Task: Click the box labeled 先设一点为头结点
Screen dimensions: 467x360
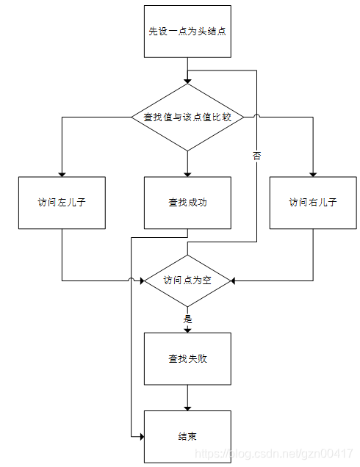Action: (187, 32)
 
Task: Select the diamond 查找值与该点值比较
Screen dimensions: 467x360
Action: (187, 117)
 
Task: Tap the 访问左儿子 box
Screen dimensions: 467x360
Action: (62, 202)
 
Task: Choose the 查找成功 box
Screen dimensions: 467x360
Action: (187, 202)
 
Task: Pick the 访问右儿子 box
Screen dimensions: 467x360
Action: (313, 202)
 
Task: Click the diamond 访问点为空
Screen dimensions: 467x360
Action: (187, 280)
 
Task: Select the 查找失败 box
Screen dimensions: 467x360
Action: (187, 359)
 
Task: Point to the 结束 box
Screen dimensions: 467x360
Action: (187, 436)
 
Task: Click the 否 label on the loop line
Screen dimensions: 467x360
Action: (256, 156)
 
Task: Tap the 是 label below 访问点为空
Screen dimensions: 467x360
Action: (187, 319)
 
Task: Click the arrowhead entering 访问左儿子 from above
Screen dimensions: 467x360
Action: (62, 173)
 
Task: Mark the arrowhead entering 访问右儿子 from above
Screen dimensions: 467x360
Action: (313, 173)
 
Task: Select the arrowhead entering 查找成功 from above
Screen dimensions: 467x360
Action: (187, 173)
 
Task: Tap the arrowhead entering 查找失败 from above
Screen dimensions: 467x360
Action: (187, 330)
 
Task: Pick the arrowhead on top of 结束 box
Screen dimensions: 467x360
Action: (187, 408)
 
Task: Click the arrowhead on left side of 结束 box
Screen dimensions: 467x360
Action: (140, 436)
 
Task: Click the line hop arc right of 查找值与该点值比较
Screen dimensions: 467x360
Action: (256, 116)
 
